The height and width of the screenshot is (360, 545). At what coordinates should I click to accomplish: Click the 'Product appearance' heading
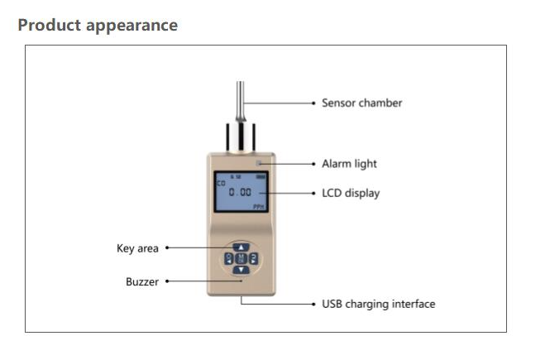point(98,25)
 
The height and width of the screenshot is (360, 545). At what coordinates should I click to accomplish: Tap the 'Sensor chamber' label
point(361,103)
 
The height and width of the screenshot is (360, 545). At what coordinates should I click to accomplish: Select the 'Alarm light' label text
point(349,164)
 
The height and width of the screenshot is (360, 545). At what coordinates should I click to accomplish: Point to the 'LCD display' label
point(351,194)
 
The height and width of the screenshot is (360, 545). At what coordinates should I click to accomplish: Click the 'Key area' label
point(136,247)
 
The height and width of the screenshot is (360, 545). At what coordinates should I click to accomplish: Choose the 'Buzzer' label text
point(142,281)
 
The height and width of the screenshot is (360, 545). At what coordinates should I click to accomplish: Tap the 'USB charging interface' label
point(378,305)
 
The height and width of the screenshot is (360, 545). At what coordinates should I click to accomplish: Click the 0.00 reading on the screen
point(240,192)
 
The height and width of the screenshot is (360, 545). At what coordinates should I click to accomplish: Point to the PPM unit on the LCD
point(258,207)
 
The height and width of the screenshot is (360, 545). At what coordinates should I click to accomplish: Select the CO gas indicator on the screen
point(221,182)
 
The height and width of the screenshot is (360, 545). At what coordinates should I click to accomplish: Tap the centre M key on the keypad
point(241,258)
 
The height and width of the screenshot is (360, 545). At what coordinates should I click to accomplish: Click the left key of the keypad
point(228,258)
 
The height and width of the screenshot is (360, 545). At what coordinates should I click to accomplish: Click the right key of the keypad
point(253,258)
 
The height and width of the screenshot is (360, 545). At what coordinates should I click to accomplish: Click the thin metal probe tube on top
point(241,99)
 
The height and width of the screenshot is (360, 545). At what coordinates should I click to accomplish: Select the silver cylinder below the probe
point(241,134)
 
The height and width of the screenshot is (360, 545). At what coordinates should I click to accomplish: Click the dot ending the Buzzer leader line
point(167,281)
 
